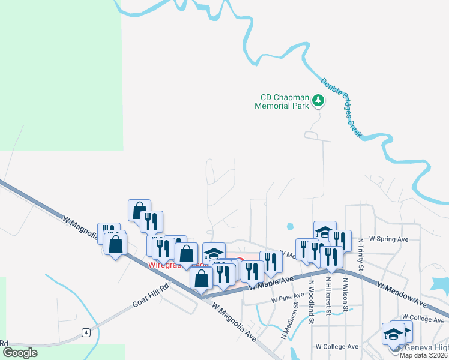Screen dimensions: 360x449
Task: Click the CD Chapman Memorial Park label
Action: click(283, 101)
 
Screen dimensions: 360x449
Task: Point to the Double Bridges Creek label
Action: click(341, 109)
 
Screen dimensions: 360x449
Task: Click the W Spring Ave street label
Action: click(388, 239)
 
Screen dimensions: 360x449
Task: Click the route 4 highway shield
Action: click(87, 332)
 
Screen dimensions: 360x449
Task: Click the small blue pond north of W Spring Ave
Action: click(290, 226)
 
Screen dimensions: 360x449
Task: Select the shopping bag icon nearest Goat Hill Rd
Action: click(201, 278)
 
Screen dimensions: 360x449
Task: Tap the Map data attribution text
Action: click(423, 355)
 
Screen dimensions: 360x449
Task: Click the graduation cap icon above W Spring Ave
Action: click(324, 232)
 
